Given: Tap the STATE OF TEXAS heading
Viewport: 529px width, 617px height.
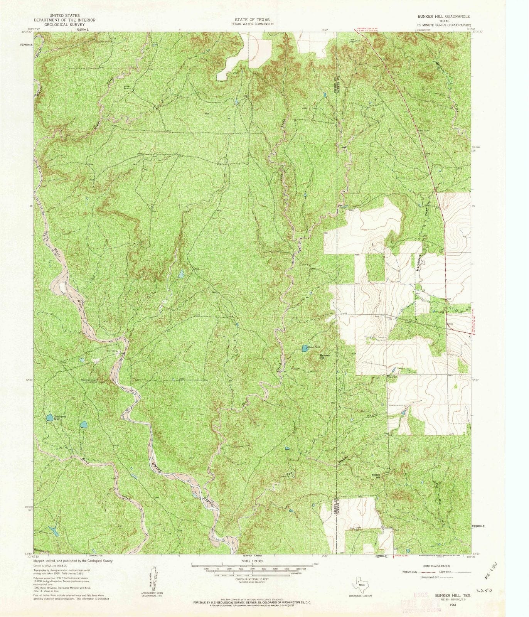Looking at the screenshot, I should click(252, 19).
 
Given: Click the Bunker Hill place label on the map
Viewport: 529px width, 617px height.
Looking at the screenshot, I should click(325, 356).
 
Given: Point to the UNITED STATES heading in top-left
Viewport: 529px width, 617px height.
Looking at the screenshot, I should click(64, 15).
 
